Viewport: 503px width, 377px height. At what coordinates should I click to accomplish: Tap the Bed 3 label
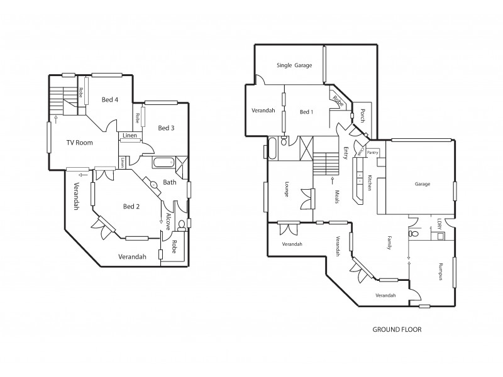pyautogui.click(x=166, y=128)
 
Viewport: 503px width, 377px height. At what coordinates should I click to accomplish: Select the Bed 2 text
pyautogui.click(x=130, y=206)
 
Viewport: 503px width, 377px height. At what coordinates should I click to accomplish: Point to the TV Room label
pyautogui.click(x=80, y=143)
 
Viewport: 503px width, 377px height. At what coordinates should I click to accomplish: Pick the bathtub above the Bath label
pyautogui.click(x=163, y=163)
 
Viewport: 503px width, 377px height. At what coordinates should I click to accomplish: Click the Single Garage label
pyautogui.click(x=294, y=65)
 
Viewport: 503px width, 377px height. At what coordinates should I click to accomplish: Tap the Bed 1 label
pyautogui.click(x=306, y=112)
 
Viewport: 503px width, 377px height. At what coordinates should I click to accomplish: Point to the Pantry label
pyautogui.click(x=372, y=152)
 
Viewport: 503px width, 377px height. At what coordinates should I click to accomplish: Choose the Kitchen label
pyautogui.click(x=370, y=182)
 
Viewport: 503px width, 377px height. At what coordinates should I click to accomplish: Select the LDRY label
pyautogui.click(x=439, y=224)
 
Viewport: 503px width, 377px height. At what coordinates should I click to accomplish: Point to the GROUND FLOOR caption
pyautogui.click(x=397, y=329)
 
